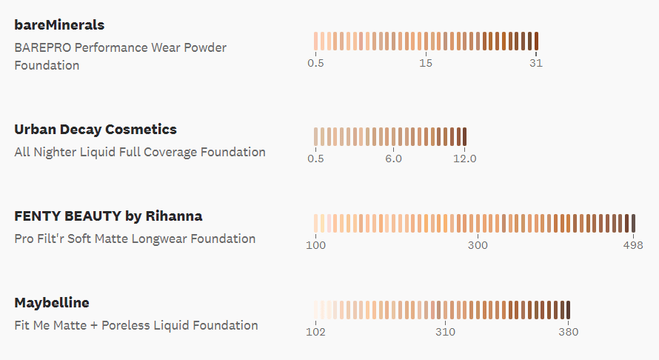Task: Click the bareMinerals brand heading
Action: pyautogui.click(x=59, y=25)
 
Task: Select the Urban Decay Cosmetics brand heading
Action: pyautogui.click(x=96, y=130)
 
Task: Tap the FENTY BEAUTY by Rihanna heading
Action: pyautogui.click(x=108, y=216)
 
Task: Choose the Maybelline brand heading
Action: pyautogui.click(x=52, y=303)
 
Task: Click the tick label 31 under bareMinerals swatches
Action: pyautogui.click(x=536, y=63)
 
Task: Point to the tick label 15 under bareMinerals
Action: pyautogui.click(x=426, y=63)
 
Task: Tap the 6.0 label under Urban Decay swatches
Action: pyautogui.click(x=393, y=159)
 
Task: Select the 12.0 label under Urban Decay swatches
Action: pyautogui.click(x=465, y=159)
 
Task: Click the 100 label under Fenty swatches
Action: pyautogui.click(x=316, y=245)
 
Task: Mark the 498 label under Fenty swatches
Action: pyautogui.click(x=632, y=245)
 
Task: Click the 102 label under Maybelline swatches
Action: pyautogui.click(x=316, y=332)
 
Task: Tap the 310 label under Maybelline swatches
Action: pyautogui.click(x=445, y=332)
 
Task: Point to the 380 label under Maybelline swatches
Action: pyautogui.click(x=568, y=332)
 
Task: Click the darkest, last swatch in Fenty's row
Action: pyautogui.click(x=633, y=223)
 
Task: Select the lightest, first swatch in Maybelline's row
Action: pyautogui.click(x=315, y=310)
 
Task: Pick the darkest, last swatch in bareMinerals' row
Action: pyautogui.click(x=536, y=41)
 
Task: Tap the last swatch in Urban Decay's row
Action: pyautogui.click(x=464, y=136)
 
